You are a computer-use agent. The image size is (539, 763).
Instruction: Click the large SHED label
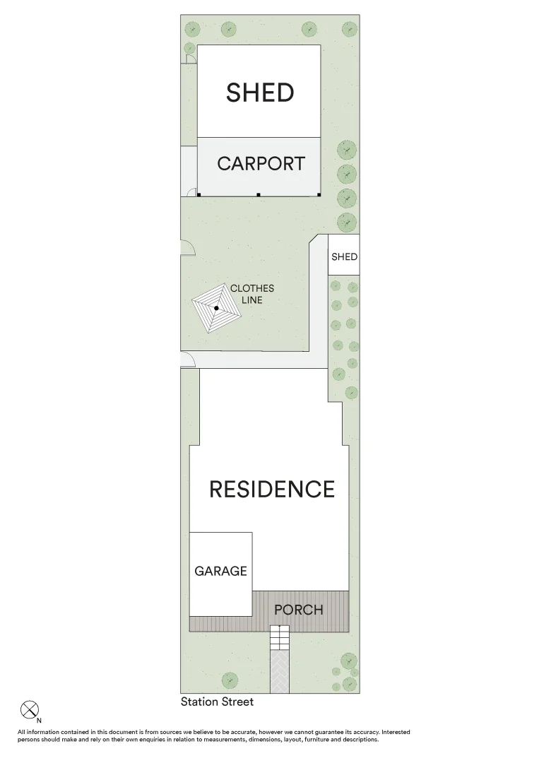[259, 93]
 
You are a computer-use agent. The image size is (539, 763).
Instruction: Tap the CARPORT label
[261, 163]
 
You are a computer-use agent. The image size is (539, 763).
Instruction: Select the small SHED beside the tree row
[344, 257]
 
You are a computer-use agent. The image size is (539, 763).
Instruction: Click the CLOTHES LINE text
[251, 294]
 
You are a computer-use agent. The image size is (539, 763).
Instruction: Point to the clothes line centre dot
[216, 308]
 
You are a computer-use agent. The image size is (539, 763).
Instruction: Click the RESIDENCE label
[271, 489]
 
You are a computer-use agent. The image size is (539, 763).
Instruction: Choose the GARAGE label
[220, 571]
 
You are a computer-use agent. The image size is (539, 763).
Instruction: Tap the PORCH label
[298, 610]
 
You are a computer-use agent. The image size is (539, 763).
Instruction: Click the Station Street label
[217, 702]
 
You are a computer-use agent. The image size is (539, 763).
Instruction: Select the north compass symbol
[29, 709]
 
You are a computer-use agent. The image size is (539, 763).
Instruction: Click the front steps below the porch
[280, 638]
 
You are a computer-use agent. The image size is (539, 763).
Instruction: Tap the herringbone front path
[280, 671]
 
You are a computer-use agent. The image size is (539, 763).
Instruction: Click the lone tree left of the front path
[230, 680]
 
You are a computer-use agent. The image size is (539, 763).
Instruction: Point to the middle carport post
[259, 194]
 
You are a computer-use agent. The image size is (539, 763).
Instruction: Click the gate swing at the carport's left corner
[191, 191]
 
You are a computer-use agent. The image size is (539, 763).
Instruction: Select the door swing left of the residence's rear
[188, 361]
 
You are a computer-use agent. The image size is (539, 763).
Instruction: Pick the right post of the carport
[319, 194]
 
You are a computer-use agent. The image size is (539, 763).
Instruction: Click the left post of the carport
[199, 194]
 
